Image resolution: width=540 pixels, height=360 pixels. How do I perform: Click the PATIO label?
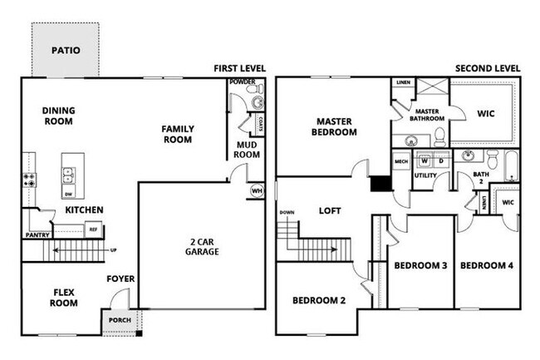click(66, 50)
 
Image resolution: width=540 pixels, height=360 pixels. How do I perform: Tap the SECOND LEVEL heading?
click(488, 69)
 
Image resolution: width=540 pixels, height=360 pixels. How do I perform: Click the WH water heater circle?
click(256, 190)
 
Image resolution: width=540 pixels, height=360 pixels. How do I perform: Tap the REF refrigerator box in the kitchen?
click(93, 229)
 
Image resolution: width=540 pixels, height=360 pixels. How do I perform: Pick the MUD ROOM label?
click(247, 149)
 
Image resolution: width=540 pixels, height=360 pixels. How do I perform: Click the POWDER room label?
click(242, 82)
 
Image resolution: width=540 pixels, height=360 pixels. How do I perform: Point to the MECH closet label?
click(401, 161)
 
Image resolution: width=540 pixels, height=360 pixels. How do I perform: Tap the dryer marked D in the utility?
click(440, 160)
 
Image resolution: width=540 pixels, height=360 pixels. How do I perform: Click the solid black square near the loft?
click(380, 185)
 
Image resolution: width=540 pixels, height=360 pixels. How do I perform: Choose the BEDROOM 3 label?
click(421, 266)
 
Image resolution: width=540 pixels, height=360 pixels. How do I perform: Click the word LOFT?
click(331, 211)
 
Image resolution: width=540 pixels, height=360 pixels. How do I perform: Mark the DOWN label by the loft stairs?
click(287, 213)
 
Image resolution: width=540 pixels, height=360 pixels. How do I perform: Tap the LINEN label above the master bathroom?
click(403, 83)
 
